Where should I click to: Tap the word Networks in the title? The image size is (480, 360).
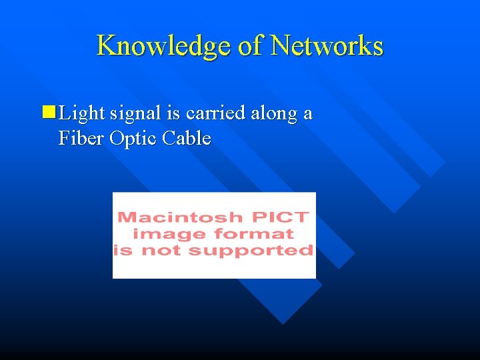[327, 46]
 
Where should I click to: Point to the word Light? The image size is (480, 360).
[82, 114]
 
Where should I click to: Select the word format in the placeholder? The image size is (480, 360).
[254, 233]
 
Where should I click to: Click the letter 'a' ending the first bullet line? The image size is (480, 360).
[307, 114]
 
